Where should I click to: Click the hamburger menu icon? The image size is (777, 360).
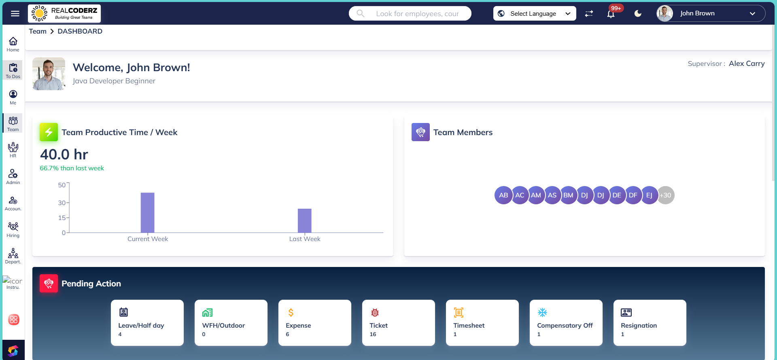[15, 14]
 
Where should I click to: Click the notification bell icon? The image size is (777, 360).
[611, 14]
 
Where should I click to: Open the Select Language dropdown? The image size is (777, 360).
[534, 14]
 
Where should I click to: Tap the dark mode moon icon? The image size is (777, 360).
[638, 14]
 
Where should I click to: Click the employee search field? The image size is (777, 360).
[417, 14]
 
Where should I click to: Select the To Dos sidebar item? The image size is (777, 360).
[13, 70]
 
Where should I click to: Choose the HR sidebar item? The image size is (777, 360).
[13, 150]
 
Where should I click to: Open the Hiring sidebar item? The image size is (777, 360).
[13, 229]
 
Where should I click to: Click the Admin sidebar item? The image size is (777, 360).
[13, 176]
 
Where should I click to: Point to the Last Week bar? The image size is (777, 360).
[304, 220]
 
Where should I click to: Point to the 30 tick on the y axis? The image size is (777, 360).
[62, 203]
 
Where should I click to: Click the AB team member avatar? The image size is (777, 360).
[503, 195]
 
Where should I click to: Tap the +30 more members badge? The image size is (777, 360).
[666, 195]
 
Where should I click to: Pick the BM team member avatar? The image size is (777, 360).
[568, 195]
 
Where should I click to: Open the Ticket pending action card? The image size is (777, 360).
[398, 323]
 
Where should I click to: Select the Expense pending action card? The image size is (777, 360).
[314, 323]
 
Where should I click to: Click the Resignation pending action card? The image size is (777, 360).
[650, 323]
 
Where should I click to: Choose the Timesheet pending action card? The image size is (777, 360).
[482, 323]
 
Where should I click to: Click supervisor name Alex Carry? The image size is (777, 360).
[747, 64]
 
